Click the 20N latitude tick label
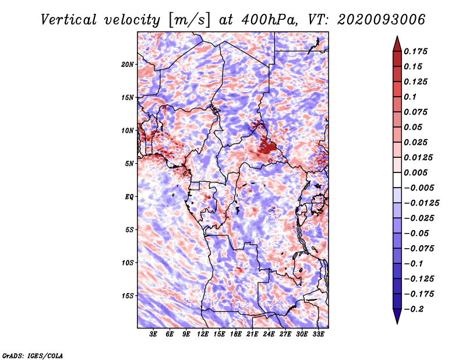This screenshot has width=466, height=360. (128, 64)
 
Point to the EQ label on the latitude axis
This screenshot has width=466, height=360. (129, 196)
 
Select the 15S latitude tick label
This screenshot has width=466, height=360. (128, 295)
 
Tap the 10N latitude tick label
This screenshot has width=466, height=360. (128, 130)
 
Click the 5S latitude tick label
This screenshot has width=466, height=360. (129, 230)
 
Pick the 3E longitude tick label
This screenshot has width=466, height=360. (154, 335)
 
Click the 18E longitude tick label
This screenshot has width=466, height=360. (236, 335)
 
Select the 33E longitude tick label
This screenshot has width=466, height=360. (318, 335)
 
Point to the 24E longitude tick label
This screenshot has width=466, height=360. (269, 335)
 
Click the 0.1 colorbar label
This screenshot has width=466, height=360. (411, 97)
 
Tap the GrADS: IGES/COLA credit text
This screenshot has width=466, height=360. (32, 355)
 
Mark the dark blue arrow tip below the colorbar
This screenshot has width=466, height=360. (397, 319)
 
